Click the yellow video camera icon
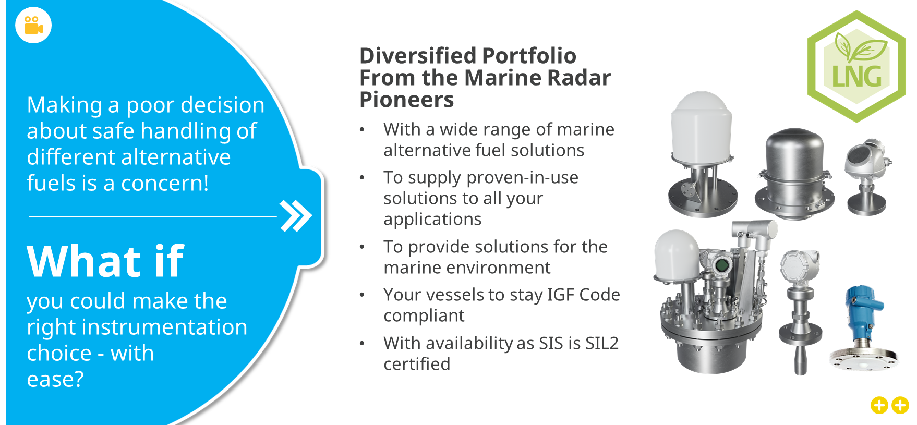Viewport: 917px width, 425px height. point(33,25)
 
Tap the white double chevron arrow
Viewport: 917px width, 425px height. point(296,215)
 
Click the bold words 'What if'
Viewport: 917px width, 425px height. point(105,261)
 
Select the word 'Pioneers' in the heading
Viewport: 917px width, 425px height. point(407,99)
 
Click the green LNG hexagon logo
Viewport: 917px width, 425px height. point(856,67)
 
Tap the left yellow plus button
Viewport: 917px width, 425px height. point(879,405)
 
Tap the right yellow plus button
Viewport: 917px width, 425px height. point(900,405)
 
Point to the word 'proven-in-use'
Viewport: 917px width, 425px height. point(481,178)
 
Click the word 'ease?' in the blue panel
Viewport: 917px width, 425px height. point(55,380)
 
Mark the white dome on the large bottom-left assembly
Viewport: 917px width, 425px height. point(677,256)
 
